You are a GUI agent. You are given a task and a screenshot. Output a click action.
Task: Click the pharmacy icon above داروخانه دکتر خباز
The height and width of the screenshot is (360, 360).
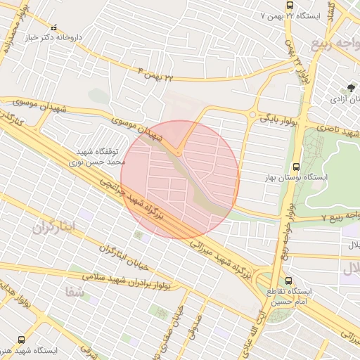coord(54,27)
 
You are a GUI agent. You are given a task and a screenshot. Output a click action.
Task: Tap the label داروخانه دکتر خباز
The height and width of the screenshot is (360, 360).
coord(54,37)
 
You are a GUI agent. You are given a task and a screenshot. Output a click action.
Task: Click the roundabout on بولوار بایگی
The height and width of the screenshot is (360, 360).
coord(252,115)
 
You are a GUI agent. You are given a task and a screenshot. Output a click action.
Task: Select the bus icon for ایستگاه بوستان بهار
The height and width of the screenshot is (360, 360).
coord(297,167)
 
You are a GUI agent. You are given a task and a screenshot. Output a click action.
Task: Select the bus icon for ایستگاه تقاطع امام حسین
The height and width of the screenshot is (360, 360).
coord(288,281)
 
